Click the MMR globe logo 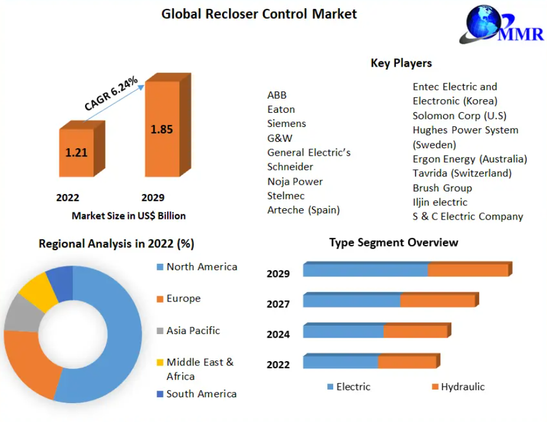pos(501,24)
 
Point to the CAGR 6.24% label pos(111,93)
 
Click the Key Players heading pos(401,63)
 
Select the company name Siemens pos(286,124)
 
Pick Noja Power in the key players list pos(295,182)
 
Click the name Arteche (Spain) pos(304,210)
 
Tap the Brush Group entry pos(442,188)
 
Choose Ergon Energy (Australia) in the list pos(470,159)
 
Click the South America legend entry pos(197,394)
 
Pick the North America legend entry pos(197,267)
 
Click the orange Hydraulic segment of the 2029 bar pos(470,269)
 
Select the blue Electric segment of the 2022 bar pos(340,361)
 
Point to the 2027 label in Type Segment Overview pos(278,304)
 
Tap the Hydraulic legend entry pos(458,387)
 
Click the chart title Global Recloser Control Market pos(259,14)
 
